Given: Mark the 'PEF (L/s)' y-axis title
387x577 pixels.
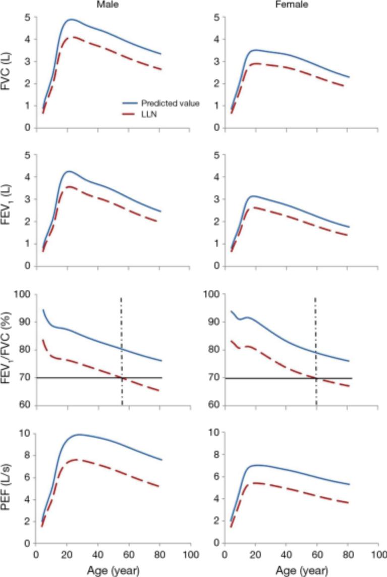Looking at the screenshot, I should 8,489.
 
